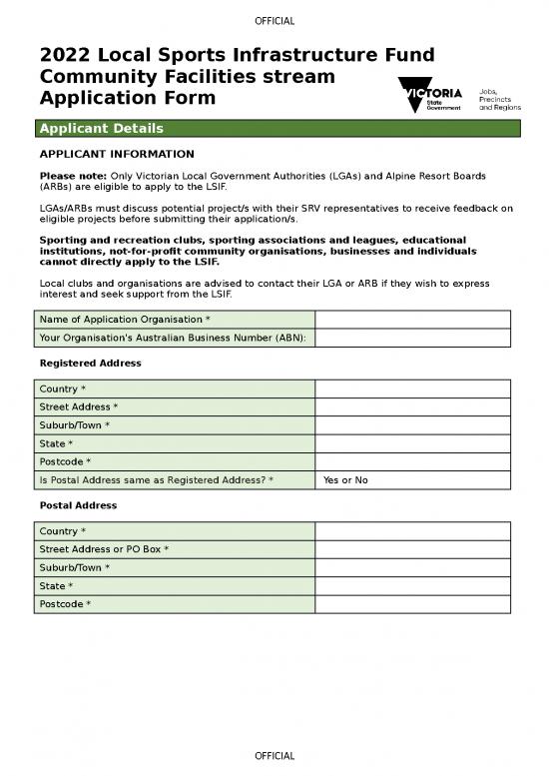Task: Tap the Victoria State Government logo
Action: tap(430, 96)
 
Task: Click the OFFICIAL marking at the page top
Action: tap(274, 22)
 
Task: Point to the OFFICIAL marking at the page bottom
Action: tap(274, 756)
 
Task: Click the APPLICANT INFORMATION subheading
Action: tap(116, 155)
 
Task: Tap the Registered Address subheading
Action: tap(90, 364)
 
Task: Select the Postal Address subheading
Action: tap(78, 505)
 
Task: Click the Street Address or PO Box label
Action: tap(104, 549)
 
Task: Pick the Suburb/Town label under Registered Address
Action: tap(75, 425)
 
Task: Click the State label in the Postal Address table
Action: tap(57, 585)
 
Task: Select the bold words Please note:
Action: tap(73, 176)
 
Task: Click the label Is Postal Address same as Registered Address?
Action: tap(157, 480)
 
